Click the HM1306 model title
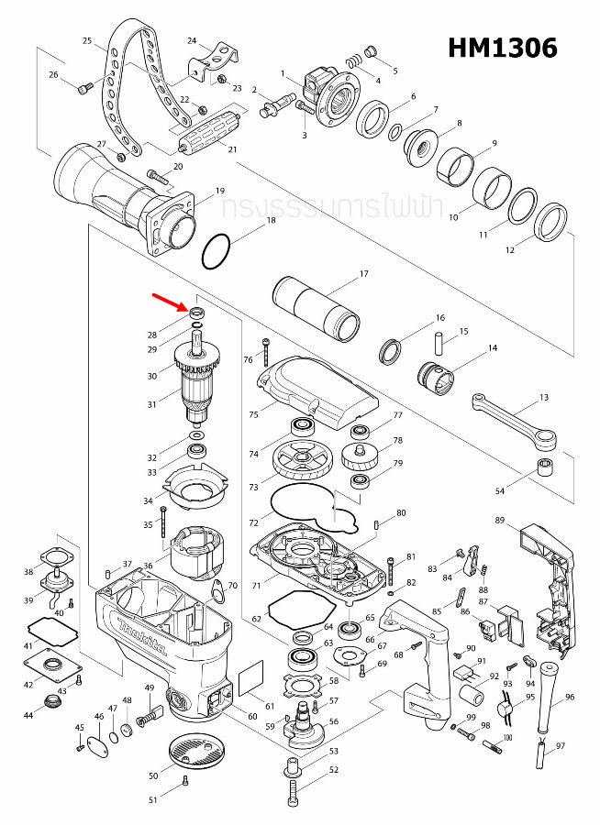coord(502,47)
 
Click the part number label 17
coord(363,274)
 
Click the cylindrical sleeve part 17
coord(317,308)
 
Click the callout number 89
coord(500,521)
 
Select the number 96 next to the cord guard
coord(570,698)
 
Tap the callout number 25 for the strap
coord(88,41)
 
